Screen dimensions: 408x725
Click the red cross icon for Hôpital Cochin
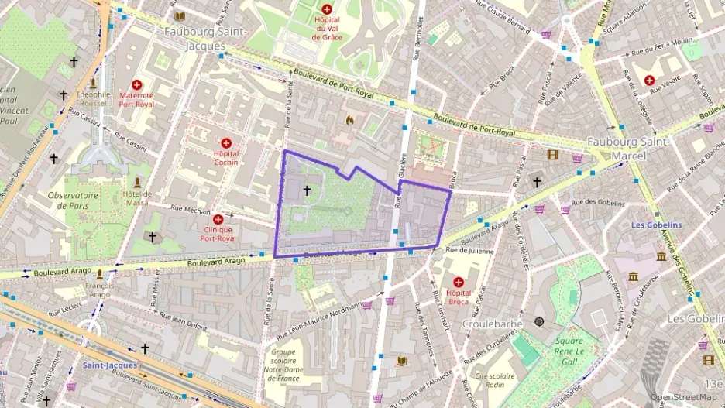point(226,143)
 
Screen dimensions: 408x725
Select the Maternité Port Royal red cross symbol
point(137,84)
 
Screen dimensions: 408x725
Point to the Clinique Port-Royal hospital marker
point(218,220)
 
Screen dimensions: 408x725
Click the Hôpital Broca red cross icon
point(458,283)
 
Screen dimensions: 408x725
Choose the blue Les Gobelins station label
point(655,225)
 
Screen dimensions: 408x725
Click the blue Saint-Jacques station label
point(109,365)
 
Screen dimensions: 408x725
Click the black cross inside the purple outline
point(306,190)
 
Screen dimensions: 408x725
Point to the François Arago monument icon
point(99,274)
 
